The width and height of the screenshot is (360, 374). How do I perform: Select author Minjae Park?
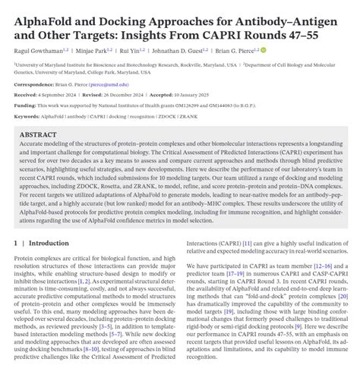point(103,50)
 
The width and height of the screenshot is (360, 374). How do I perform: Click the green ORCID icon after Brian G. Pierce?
point(285,50)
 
